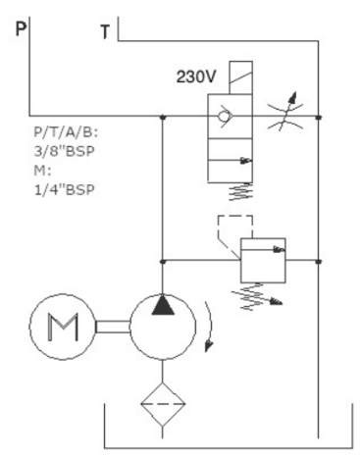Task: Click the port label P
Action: (21, 28)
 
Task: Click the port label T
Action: (105, 32)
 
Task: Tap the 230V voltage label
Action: (196, 76)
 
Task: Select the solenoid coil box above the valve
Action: (241, 77)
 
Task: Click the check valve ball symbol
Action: (224, 117)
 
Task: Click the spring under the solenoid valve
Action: (241, 191)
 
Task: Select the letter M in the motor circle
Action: (63, 328)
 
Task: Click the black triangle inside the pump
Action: (163, 305)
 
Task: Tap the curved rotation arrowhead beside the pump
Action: (209, 345)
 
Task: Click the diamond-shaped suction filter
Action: (163, 404)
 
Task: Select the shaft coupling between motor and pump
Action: (113, 327)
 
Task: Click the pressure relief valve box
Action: (263, 260)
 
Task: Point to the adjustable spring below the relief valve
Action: (256, 297)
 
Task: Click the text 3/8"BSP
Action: (65, 151)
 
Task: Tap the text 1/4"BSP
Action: (65, 189)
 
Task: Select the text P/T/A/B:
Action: (67, 132)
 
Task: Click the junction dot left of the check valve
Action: (163, 117)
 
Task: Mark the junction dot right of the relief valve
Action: (319, 262)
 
